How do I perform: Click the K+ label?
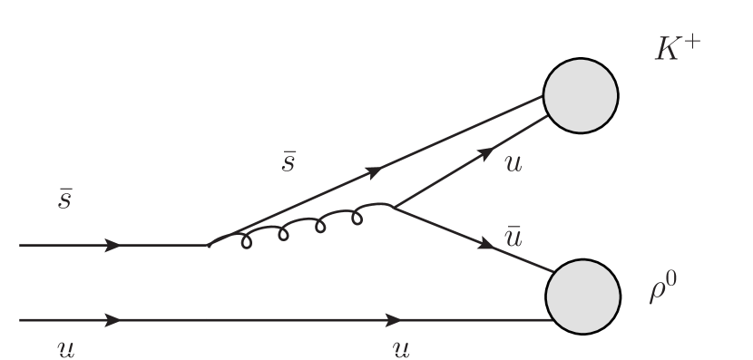[678, 49]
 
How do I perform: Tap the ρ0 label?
[663, 290]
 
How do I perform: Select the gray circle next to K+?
[581, 94]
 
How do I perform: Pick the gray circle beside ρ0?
[582, 296]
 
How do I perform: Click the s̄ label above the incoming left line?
[65, 199]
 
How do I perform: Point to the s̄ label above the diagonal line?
[288, 161]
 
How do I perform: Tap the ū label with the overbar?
[513, 238]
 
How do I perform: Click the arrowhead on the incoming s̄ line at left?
[114, 245]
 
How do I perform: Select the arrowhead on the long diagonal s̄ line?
[372, 170]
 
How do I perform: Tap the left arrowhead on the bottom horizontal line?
[114, 320]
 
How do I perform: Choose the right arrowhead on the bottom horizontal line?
[394, 320]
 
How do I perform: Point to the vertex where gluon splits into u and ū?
[392, 207]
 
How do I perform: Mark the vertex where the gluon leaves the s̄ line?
[209, 245]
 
